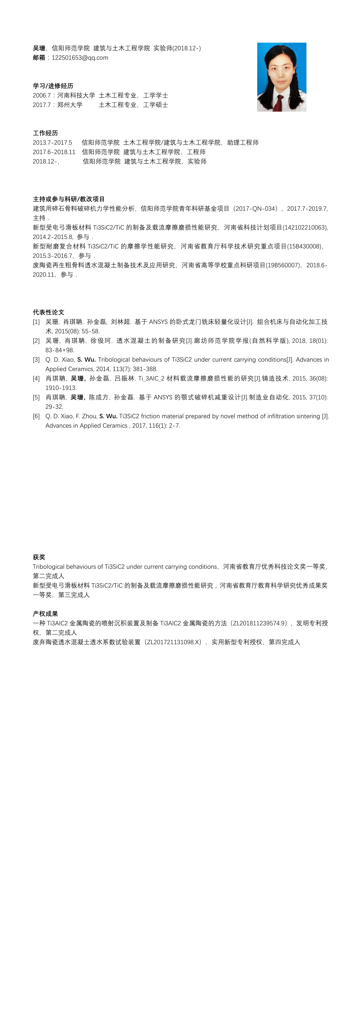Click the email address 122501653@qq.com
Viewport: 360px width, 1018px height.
coord(80,58)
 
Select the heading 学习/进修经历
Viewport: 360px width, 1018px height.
coord(53,86)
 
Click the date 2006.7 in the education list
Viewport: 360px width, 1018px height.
coord(42,95)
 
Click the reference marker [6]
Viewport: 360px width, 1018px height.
coord(36,416)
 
